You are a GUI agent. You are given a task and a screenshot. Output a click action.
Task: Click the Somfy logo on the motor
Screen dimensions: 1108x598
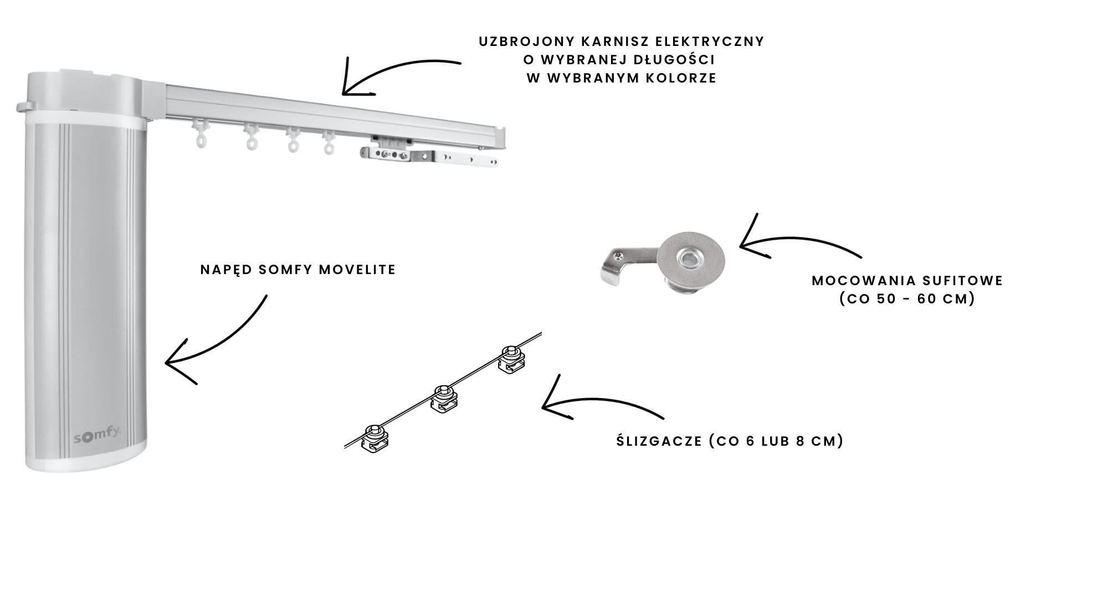click(98, 437)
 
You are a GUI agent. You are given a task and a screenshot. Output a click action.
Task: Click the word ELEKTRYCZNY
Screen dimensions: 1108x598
click(710, 42)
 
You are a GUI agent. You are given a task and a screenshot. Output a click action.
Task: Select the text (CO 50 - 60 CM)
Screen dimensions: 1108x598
click(907, 299)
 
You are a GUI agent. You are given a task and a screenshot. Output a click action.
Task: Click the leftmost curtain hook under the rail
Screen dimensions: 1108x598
click(200, 135)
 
